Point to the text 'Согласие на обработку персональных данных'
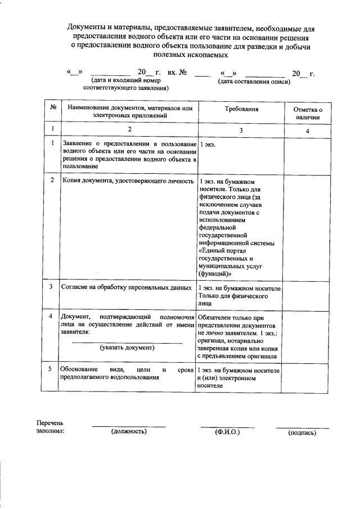click(127, 287)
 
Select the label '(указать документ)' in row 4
click(127, 348)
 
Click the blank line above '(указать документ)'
click(127, 342)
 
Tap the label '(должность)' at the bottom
click(129, 431)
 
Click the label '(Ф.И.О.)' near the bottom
click(227, 431)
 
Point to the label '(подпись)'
click(302, 433)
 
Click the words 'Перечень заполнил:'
click(50, 427)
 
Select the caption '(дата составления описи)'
click(254, 82)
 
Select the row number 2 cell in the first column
click(52, 181)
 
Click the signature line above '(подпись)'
click(302, 428)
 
